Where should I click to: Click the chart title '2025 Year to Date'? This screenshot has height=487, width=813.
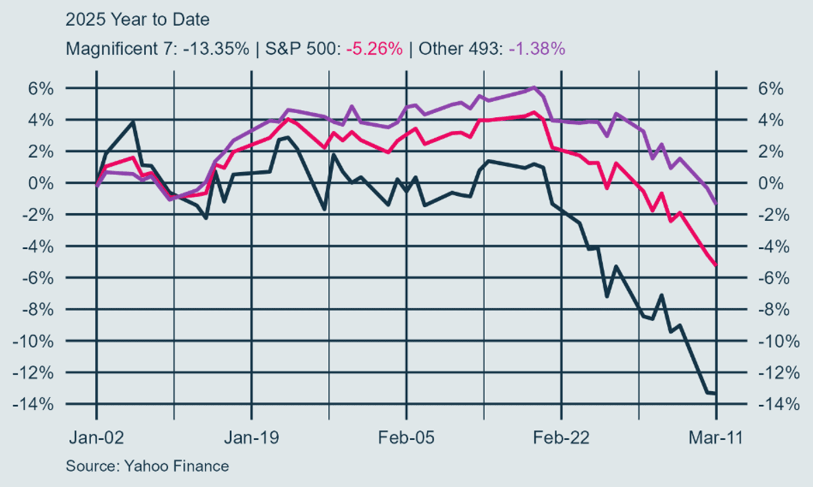click(x=137, y=20)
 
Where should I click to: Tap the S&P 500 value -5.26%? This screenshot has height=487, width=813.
click(x=374, y=49)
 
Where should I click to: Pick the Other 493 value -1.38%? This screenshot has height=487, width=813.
click(x=537, y=49)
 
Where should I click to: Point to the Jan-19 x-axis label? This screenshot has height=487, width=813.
click(x=251, y=438)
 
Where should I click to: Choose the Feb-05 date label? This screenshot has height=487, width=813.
click(x=406, y=438)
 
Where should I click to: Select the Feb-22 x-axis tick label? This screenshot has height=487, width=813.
click(x=561, y=438)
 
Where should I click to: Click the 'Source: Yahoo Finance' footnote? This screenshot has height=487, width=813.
click(x=147, y=466)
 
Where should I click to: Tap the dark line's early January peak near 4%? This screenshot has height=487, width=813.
click(x=134, y=122)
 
